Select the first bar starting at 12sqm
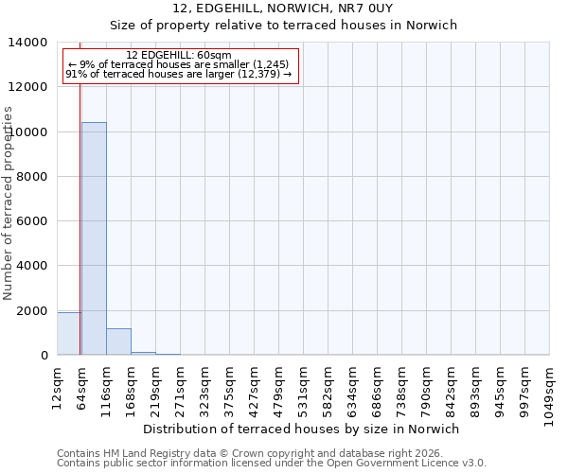coord(69,334)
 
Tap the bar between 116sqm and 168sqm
coord(118,342)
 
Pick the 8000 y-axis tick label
coord(33,177)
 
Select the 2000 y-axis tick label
coord(33,311)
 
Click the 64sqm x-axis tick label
coord(82,386)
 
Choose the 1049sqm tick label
coord(550,392)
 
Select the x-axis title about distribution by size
coord(301,429)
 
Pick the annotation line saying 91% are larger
coord(180,74)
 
